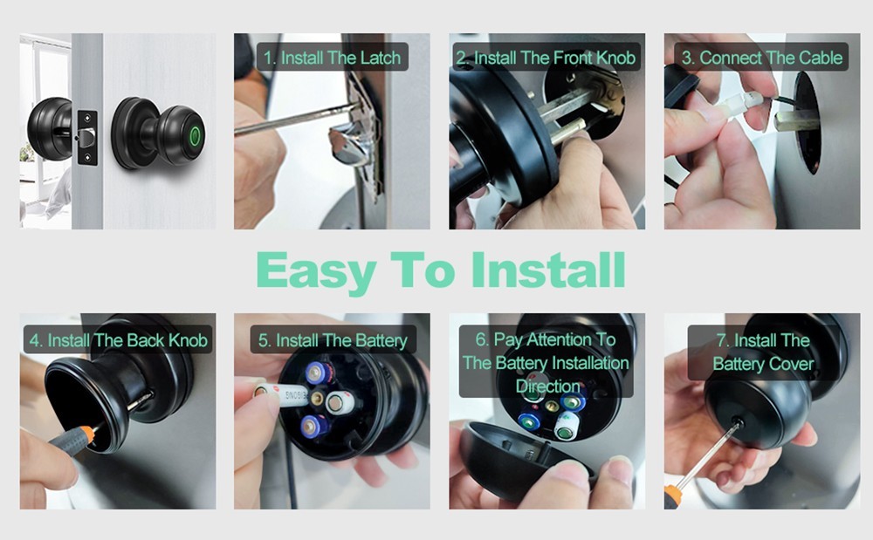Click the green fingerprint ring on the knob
pyautogui.click(x=196, y=136)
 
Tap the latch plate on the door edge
pyautogui.click(x=87, y=138)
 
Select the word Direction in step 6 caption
pyautogui.click(x=548, y=386)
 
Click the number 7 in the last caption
pyautogui.click(x=722, y=340)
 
